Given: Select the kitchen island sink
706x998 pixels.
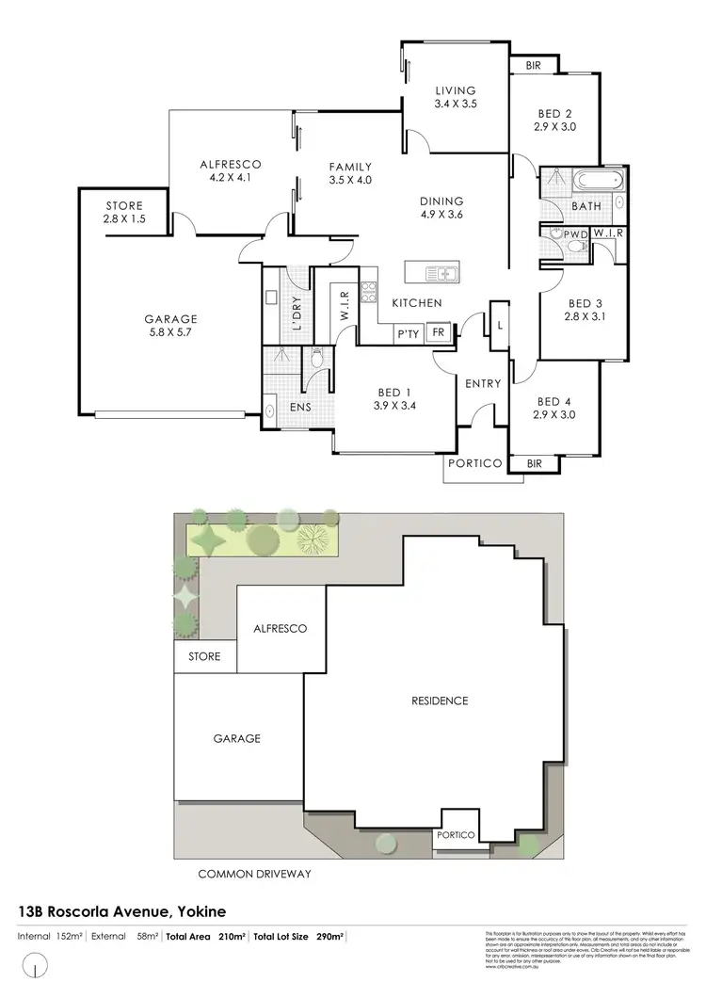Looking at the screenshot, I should tap(440, 274).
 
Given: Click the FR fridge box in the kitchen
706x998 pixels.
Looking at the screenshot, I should tap(437, 333).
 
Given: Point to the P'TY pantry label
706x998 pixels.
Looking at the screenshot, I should tap(408, 334).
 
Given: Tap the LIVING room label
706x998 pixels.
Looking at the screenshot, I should tap(456, 90).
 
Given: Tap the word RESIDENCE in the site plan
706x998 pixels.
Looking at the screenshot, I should tap(441, 700).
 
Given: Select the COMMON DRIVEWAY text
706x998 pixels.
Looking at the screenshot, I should tap(254, 874).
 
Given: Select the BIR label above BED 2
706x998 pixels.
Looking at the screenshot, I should tap(533, 65).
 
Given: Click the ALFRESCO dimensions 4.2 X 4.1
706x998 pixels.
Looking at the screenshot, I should tap(230, 177).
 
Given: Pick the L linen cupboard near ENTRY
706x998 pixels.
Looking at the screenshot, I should tap(499, 323).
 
